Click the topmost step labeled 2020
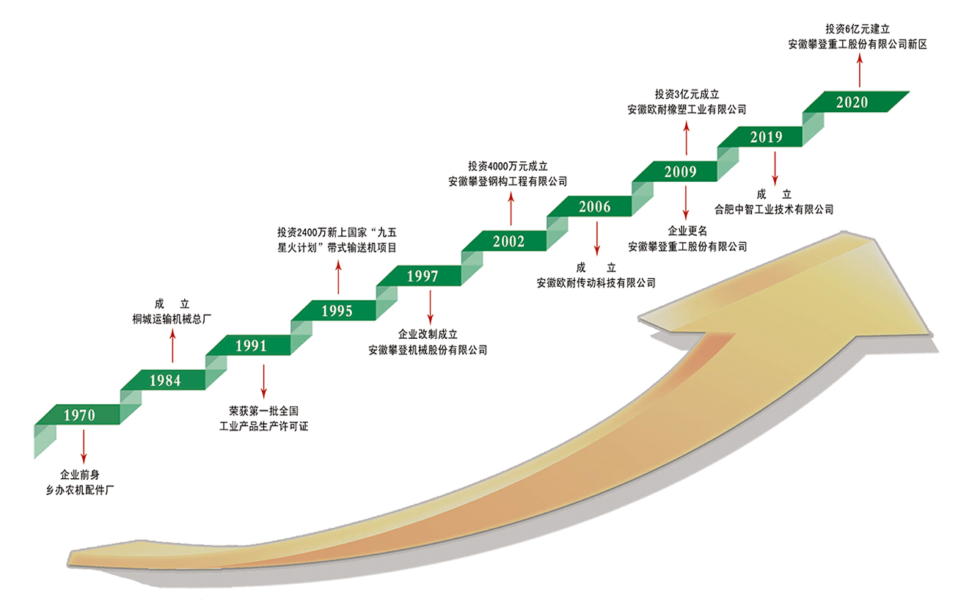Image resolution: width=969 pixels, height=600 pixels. point(852,102)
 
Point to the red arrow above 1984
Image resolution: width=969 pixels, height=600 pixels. point(172,345)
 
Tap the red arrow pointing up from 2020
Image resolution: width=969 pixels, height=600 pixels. point(860,70)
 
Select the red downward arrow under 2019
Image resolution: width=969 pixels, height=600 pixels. point(775,169)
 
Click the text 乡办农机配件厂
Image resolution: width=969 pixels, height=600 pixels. point(80,490)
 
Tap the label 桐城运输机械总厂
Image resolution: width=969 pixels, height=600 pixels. point(172,319)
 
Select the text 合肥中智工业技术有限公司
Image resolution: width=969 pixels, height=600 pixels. point(773,209)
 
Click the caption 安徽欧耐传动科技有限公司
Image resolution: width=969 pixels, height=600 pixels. point(596,283)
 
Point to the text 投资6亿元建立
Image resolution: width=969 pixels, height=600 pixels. point(858,29)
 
